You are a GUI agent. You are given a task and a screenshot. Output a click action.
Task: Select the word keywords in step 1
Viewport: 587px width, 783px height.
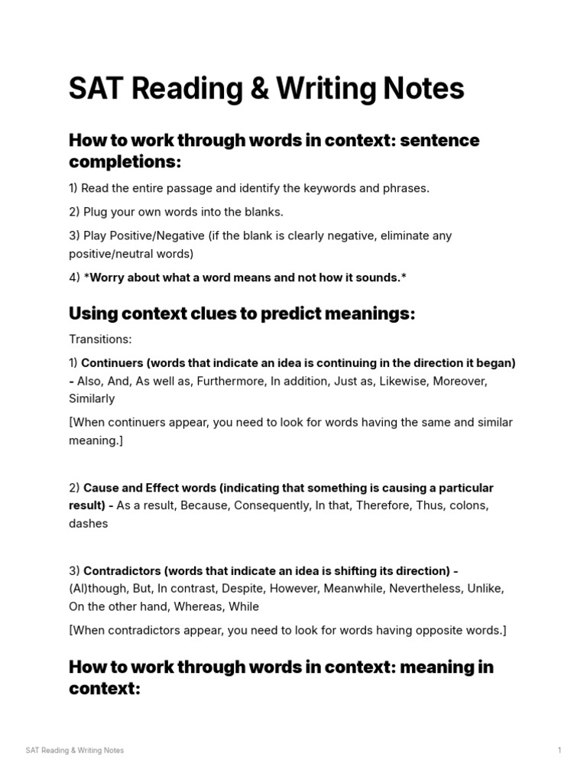tap(307, 188)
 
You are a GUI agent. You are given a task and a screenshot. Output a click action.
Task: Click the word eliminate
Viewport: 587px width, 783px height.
tap(401, 236)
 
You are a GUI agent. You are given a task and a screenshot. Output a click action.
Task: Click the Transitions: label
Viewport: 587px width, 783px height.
tap(100, 339)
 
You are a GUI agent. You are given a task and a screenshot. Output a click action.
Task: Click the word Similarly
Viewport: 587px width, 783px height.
tap(92, 398)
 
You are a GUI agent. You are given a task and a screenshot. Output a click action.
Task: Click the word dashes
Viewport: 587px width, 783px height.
tap(89, 524)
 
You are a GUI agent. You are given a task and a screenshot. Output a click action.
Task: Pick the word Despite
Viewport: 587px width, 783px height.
tap(235, 589)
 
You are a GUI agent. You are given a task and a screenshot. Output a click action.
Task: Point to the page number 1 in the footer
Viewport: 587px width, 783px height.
tap(559, 750)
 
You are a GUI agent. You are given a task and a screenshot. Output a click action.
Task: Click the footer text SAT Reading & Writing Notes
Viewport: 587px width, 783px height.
tap(75, 750)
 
